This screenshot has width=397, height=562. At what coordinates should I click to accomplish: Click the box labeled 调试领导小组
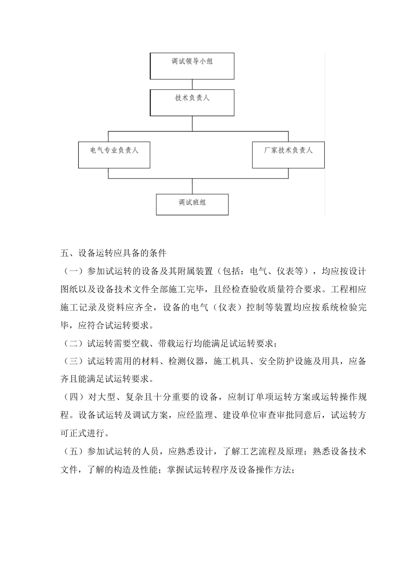192,66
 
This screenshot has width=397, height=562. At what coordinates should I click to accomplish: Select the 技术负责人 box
192,102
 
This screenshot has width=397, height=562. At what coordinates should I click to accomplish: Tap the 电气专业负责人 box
114,155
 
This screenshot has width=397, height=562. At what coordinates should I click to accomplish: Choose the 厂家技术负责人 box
288,155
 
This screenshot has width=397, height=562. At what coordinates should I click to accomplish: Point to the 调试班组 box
192,204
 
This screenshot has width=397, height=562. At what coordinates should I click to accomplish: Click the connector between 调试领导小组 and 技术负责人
192,84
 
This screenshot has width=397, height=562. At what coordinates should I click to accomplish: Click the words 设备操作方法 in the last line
265,469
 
